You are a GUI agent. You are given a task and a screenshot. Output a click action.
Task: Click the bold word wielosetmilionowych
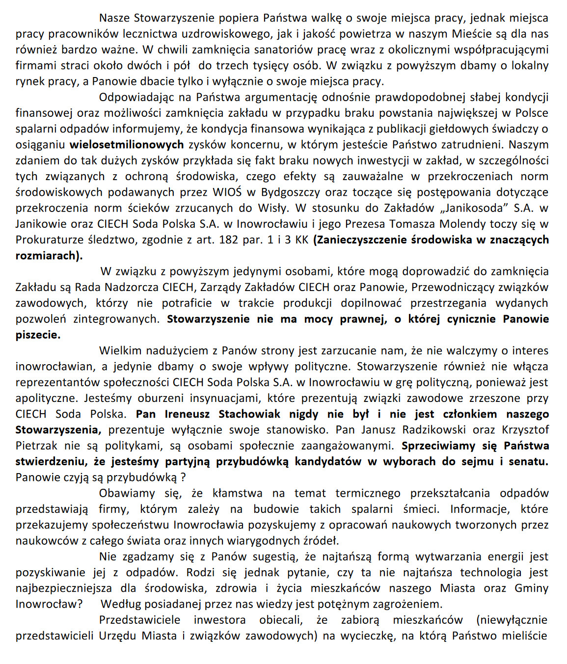coord(127,145)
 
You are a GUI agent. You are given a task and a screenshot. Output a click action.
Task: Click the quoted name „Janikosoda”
coord(476,208)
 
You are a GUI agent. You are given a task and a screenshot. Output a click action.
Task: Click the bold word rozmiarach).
coord(49,256)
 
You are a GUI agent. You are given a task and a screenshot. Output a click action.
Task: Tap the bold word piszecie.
coord(38,335)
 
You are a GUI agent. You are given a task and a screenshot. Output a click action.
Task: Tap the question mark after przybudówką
coord(183,478)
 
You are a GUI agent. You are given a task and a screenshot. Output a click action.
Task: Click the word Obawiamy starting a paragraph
coord(127,493)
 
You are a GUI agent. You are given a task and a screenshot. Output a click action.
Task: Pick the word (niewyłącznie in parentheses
coord(512,620)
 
